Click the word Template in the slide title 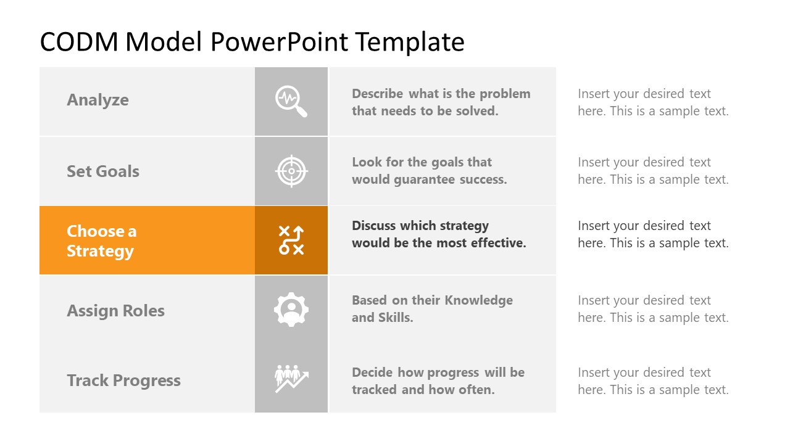coord(410,42)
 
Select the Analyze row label coord(98,100)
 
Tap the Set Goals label coord(102,171)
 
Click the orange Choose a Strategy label coord(101,240)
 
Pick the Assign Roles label coord(115,310)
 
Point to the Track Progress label coord(123,380)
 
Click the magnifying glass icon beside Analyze coord(291,101)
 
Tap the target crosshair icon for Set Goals coord(291,171)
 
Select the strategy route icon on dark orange coord(291,240)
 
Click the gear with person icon coord(291,310)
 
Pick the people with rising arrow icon coord(291,379)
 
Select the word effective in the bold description coord(498,243)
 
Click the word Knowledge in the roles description coord(479,300)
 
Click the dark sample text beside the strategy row coord(653,234)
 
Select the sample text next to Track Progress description coord(653,381)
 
